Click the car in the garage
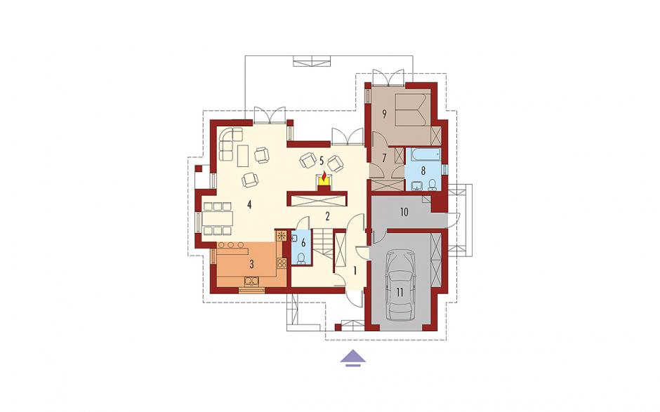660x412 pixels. pos(400,286)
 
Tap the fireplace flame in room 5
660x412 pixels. pos(324,177)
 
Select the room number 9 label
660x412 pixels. pos(384,113)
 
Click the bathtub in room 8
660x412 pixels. pos(422,155)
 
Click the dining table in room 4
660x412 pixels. pos(217,219)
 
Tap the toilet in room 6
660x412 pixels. pos(301,258)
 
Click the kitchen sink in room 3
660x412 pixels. pos(251,281)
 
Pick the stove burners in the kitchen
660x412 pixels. pos(282,263)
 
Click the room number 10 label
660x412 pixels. pos(404,212)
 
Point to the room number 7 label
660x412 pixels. pos(384,159)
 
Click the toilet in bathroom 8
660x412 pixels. pos(433,185)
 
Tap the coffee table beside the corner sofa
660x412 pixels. pos(242,155)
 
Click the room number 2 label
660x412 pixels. pos(327,216)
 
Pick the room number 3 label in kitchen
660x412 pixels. pos(251,265)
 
